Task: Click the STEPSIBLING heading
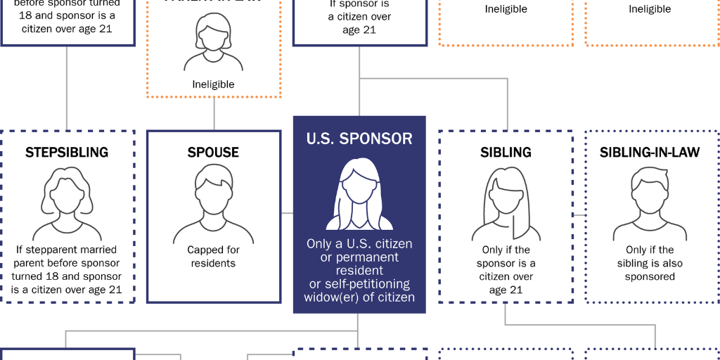click(67, 153)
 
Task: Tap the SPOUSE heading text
click(213, 153)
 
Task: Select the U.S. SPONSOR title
click(359, 139)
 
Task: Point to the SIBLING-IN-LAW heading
click(649, 153)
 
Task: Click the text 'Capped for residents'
click(213, 257)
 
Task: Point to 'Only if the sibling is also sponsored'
click(649, 263)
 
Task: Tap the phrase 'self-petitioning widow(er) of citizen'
click(359, 290)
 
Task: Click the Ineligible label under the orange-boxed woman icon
click(213, 84)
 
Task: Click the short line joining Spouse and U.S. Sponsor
click(287, 212)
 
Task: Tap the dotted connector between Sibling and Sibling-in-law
click(579, 214)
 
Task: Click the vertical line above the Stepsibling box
click(67, 88)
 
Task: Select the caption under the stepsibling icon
click(67, 269)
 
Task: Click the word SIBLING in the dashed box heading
click(506, 153)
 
